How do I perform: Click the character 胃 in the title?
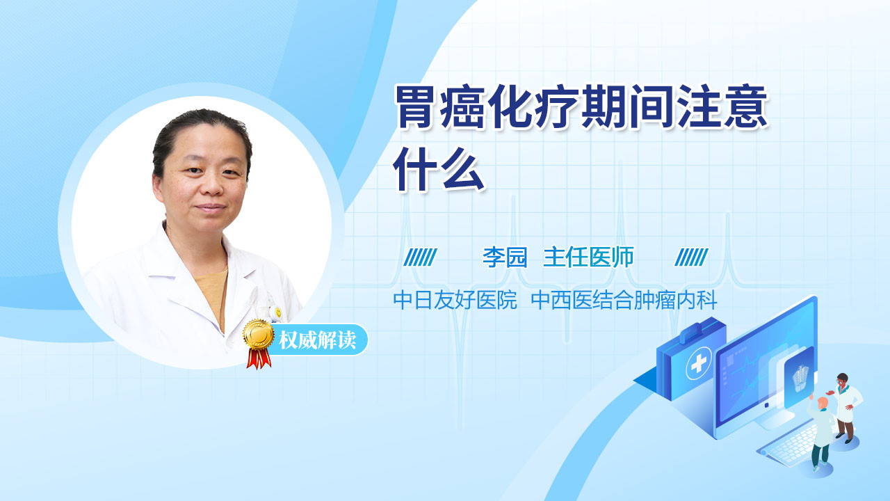(x=415, y=106)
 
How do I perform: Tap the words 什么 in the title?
(x=439, y=170)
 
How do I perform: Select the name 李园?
(x=505, y=257)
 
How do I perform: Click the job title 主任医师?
(x=588, y=257)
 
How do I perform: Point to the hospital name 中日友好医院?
(x=455, y=300)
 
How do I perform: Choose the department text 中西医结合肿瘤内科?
(x=624, y=300)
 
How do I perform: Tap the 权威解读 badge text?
(x=318, y=340)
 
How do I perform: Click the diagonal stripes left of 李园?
(x=420, y=257)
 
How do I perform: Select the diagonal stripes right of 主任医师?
(x=691, y=257)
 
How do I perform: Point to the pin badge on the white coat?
(x=278, y=313)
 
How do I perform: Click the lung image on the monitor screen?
(x=800, y=379)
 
